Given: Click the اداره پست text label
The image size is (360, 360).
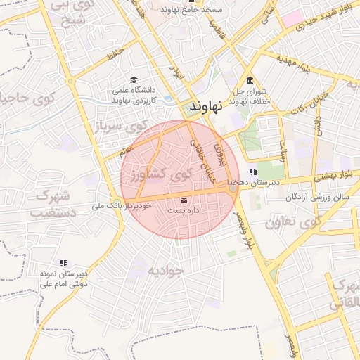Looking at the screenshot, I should (184, 210).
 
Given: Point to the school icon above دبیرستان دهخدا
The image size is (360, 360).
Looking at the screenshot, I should (253, 172).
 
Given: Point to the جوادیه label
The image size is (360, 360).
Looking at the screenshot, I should (165, 270).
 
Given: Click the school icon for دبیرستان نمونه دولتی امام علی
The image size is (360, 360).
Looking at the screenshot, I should (64, 262).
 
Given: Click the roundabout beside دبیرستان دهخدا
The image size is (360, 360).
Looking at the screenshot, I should (233, 188).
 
